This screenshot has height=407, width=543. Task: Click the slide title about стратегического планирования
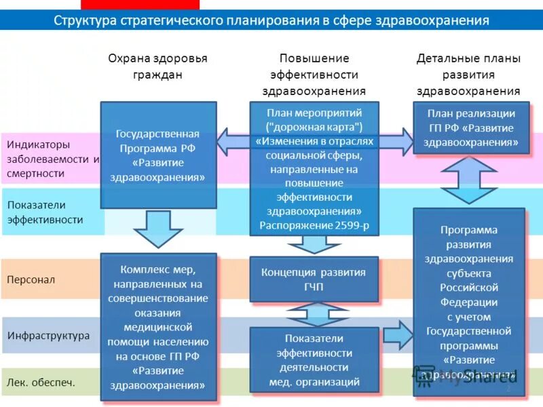pyautogui.click(x=271, y=20)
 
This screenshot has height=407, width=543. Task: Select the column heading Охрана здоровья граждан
pyautogui.click(x=157, y=66)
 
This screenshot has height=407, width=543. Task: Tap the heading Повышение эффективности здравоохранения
pyautogui.click(x=314, y=74)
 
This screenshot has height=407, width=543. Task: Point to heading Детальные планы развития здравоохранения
pyautogui.click(x=468, y=74)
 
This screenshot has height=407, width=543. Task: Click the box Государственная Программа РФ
pyautogui.click(x=158, y=155)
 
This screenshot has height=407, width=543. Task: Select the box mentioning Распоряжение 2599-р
pyautogui.click(x=314, y=168)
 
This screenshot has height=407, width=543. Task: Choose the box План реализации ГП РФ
pyautogui.click(x=471, y=128)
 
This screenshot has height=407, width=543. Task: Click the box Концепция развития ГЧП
pyautogui.click(x=314, y=279)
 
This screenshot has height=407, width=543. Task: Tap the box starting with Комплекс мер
pyautogui.click(x=158, y=326)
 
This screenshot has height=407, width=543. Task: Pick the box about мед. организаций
pyautogui.click(x=314, y=360)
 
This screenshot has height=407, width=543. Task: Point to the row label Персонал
pyautogui.click(x=31, y=279)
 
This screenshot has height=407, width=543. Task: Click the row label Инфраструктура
pyautogui.click(x=48, y=335)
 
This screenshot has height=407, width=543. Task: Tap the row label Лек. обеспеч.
pyautogui.click(x=41, y=383)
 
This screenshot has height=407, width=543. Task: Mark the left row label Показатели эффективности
pyautogui.click(x=45, y=212)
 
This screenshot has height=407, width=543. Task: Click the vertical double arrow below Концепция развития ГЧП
pyautogui.click(x=314, y=314)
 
